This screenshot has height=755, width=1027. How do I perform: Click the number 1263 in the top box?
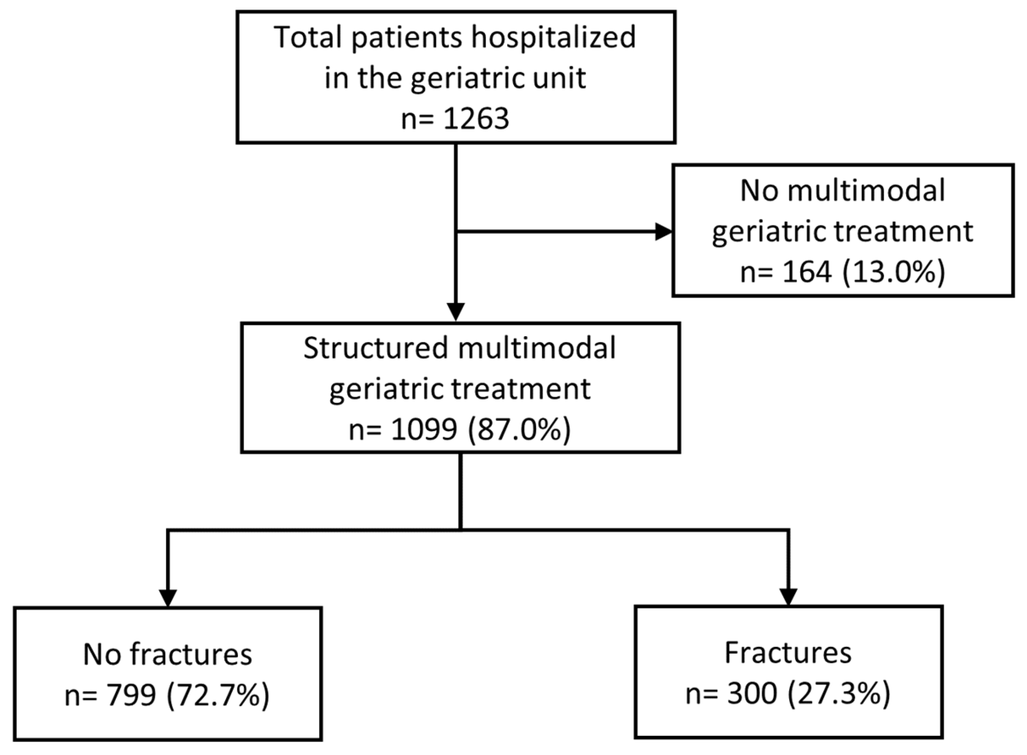pyautogui.click(x=476, y=119)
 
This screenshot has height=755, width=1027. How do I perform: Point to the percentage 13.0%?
pyautogui.click(x=894, y=273)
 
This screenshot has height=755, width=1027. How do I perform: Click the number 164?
pyautogui.click(x=806, y=273)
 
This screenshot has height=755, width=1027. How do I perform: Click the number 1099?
pyautogui.click(x=424, y=430)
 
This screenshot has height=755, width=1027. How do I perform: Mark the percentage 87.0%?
pyautogui.click(x=519, y=430)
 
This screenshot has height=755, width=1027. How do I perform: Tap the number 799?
pyautogui.click(x=132, y=695)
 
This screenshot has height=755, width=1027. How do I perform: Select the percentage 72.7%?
pyautogui.click(x=218, y=695)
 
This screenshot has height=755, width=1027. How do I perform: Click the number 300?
pyautogui.click(x=752, y=694)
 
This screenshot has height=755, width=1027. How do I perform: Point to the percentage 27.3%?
pyautogui.click(x=839, y=694)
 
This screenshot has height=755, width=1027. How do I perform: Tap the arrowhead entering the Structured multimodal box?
pyautogui.click(x=456, y=312)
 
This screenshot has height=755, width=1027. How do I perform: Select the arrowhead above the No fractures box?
pyautogui.click(x=168, y=597)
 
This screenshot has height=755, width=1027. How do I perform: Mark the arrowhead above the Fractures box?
pyautogui.click(x=788, y=596)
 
